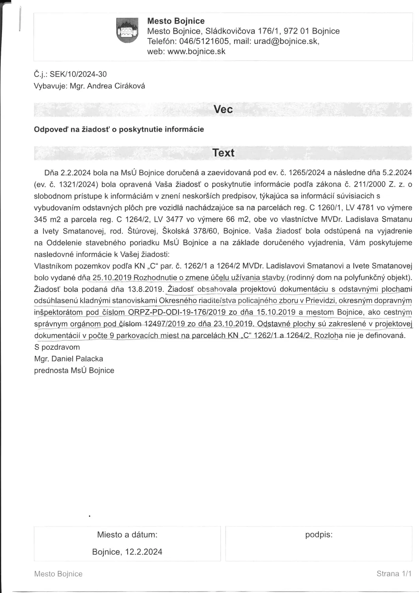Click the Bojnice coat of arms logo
127,30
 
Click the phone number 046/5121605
204,41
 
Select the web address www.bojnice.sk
196,51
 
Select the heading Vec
223,110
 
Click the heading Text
223,153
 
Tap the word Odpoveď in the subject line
51,129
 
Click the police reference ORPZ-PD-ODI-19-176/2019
177,312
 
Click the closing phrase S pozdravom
57,347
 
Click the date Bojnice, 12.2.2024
127,552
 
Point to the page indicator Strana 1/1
394,574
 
